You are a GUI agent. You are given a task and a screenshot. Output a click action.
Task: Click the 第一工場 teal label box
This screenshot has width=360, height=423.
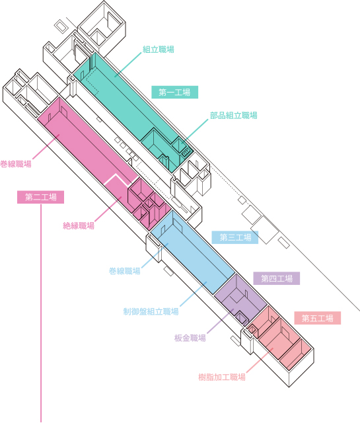pos(175,93)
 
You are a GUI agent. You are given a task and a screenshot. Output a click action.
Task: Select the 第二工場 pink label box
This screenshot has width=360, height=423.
pos(41,197)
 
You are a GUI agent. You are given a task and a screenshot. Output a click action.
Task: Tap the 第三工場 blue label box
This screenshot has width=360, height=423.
pos(235,237)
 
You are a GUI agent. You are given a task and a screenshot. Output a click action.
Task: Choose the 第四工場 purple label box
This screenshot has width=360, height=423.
pos(276,278)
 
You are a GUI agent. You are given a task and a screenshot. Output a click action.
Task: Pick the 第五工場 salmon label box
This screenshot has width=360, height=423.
pos(317,318)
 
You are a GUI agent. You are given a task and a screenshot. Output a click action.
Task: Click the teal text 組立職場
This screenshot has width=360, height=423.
pos(159,50)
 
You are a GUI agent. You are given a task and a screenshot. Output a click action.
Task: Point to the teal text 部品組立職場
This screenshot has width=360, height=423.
pos(234,116)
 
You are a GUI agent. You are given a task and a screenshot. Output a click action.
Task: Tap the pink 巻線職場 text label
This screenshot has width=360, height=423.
pos(16,164)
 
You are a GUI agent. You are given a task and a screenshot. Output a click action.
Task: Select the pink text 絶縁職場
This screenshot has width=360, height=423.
pos(79,225)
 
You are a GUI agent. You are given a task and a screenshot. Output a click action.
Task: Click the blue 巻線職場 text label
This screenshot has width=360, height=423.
pos(125,271)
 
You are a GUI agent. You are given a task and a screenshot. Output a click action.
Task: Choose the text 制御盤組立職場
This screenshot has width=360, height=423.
pos(151,311)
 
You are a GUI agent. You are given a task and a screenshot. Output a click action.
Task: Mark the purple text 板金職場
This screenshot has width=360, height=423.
pos(190,338)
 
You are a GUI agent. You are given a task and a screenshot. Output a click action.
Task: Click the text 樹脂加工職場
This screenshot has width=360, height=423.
pos(222,377)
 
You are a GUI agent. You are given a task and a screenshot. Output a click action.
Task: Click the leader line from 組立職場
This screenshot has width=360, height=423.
pos(127,65)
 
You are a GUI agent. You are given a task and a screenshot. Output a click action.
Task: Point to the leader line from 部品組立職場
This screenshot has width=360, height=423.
pos(195,131)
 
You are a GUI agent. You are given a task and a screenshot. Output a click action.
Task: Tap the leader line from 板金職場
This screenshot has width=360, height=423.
pos(220,322)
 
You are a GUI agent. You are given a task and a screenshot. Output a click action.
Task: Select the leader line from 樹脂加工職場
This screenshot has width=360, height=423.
pos(260,361)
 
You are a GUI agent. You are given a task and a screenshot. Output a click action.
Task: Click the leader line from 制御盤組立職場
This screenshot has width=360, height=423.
pos(194,294)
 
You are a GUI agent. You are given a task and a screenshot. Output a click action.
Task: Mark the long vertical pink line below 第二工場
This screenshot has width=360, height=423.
pos(41,313)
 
